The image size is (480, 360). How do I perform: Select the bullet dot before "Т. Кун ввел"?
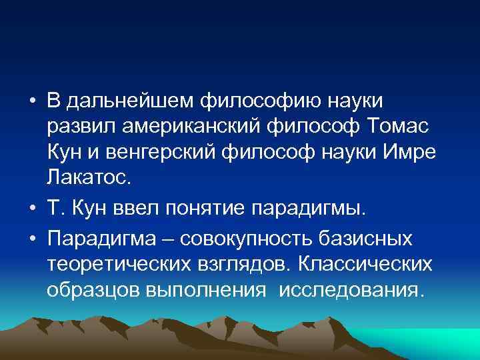click(x=33, y=211)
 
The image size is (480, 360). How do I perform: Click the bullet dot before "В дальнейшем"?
click(x=33, y=101)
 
